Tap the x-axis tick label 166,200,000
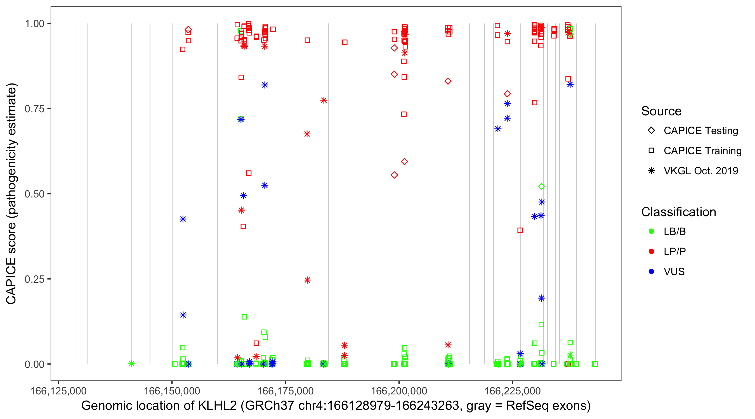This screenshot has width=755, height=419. [x=399, y=391]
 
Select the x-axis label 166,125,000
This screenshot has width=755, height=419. [x=58, y=391]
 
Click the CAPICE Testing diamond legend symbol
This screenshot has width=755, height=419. [x=651, y=131]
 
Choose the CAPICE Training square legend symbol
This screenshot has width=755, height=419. [x=651, y=151]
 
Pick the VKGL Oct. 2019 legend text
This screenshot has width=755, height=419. [x=701, y=171]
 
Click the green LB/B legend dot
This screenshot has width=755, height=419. [x=651, y=231]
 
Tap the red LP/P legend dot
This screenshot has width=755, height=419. [x=651, y=251]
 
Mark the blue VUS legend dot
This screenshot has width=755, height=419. [x=651, y=272]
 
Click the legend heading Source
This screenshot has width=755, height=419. [x=661, y=111]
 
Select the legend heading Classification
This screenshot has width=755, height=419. [x=678, y=212]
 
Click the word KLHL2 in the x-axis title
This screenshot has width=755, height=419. [x=217, y=406]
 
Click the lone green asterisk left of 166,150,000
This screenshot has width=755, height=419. [x=132, y=364]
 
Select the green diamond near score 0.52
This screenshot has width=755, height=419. [x=541, y=187]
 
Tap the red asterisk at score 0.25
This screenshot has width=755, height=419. [x=307, y=280]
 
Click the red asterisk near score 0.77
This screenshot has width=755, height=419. [x=324, y=101]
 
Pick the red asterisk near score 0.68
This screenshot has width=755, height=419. [x=307, y=134]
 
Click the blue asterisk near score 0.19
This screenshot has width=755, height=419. [x=541, y=298]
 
